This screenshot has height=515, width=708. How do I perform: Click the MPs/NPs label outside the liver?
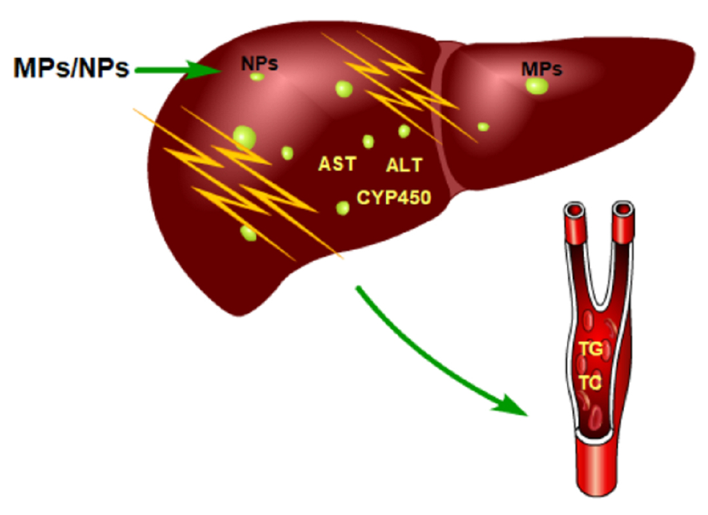point(71,67)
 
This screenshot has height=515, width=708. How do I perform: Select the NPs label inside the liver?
point(260,64)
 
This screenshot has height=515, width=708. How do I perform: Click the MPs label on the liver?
point(542,69)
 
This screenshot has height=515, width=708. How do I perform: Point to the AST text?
point(337,165)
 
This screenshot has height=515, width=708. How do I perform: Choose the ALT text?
point(404,166)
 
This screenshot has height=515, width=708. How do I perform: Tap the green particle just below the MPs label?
point(537,86)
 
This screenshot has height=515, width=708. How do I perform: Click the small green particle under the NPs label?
point(257,77)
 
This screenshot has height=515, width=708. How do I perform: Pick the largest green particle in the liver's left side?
point(244,136)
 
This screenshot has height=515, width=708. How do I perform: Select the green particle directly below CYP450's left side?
point(343,208)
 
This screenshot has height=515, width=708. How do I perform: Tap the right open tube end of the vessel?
point(622,210)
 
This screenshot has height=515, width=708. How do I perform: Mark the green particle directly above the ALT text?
point(404,132)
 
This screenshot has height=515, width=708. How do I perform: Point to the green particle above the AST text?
point(368,141)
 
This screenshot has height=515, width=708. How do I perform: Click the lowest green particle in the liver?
point(248,233)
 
